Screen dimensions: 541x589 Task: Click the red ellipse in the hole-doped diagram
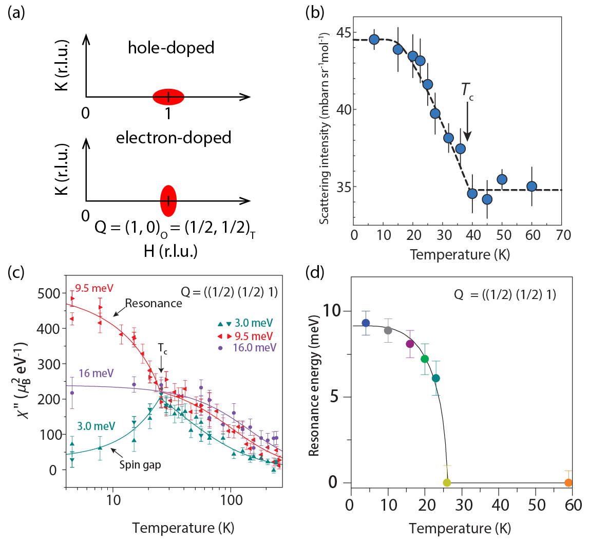(x=168, y=97)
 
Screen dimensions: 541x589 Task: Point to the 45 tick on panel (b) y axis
(x=343, y=33)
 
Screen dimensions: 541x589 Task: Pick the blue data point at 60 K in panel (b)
(x=531, y=186)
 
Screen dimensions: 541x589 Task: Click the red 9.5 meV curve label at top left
(x=93, y=287)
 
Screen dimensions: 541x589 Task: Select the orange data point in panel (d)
(x=568, y=482)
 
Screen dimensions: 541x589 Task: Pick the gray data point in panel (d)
(x=388, y=330)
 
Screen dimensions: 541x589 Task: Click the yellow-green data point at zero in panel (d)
(x=447, y=482)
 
